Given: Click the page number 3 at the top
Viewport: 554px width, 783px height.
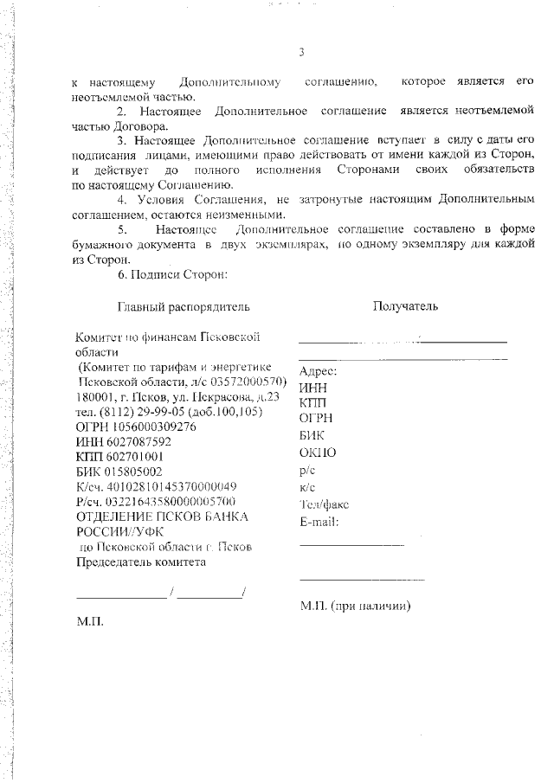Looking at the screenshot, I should tap(301, 53).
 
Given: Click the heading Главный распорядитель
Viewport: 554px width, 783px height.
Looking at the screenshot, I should tap(184, 306).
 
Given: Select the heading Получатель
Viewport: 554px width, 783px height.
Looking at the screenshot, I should tap(405, 305).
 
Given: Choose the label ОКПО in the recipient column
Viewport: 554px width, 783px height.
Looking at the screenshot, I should tap(317, 452).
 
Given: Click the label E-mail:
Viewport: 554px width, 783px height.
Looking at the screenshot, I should tap(319, 521).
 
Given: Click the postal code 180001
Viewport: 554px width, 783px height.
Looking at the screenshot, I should tap(95, 396).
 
